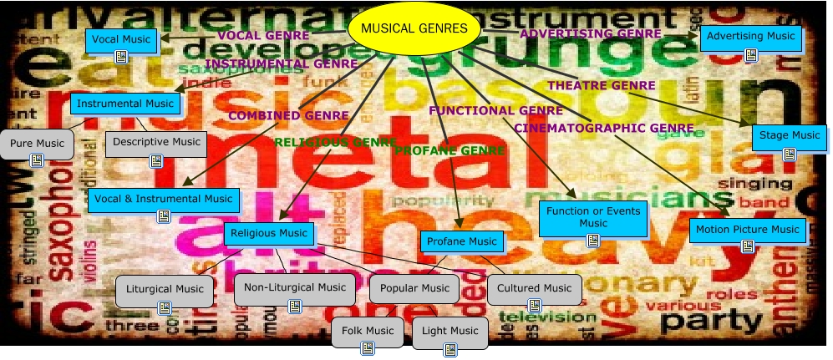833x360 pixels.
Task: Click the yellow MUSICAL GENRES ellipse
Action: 414,29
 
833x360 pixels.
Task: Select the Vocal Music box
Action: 121,39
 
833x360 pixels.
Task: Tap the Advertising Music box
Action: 750,37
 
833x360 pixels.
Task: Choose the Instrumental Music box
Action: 124,104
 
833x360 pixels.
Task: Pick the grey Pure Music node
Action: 37,144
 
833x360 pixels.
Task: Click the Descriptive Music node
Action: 156,142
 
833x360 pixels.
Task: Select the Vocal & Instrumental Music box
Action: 163,200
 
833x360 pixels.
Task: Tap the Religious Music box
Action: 269,233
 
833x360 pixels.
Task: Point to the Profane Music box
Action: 461,241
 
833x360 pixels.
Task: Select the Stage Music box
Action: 790,135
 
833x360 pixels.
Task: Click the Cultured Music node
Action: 534,289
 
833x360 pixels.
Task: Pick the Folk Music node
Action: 368,332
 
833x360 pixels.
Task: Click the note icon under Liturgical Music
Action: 165,307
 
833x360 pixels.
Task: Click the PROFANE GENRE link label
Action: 450,150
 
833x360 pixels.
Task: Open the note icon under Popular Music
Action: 414,307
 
